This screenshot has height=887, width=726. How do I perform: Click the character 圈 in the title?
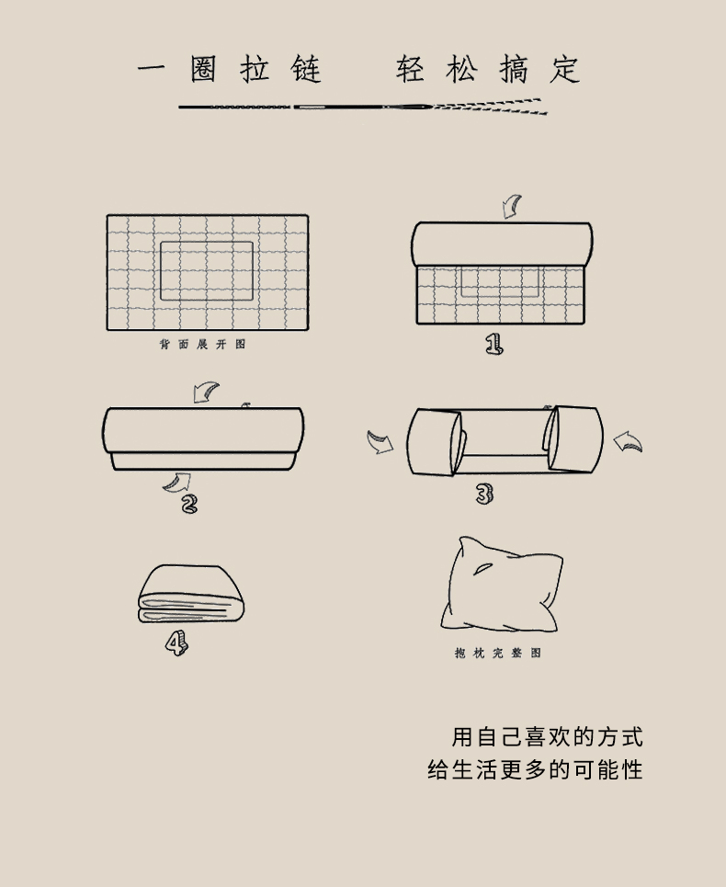click(x=203, y=69)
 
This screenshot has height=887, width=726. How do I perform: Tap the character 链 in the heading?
click(x=306, y=69)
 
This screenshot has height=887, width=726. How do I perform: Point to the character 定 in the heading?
click(x=565, y=69)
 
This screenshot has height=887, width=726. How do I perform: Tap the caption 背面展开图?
click(x=202, y=344)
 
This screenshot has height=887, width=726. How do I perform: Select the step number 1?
click(x=493, y=344)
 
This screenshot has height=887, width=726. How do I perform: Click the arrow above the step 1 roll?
click(x=512, y=207)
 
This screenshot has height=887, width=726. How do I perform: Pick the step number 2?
click(x=189, y=504)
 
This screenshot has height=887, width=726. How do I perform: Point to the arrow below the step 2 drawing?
click(x=177, y=483)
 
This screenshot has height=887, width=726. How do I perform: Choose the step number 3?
click(x=484, y=494)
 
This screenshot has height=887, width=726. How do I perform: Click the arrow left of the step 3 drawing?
click(x=380, y=442)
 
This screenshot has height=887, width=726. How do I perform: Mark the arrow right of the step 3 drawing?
click(x=628, y=442)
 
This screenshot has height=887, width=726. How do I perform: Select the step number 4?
click(x=176, y=643)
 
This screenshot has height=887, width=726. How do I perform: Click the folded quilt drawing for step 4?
click(x=191, y=594)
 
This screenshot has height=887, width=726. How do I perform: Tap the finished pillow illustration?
click(x=502, y=585)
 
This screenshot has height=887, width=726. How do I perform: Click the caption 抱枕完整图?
click(x=498, y=653)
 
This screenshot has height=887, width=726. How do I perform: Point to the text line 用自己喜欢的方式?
click(x=548, y=737)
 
